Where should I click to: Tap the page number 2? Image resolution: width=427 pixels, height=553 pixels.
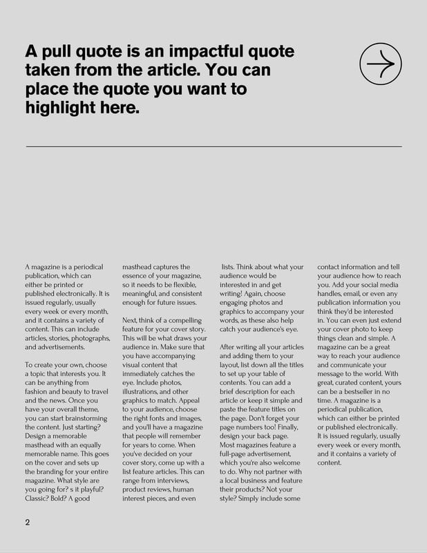[x=28, y=522]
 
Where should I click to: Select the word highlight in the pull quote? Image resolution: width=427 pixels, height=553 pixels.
[x=61, y=108]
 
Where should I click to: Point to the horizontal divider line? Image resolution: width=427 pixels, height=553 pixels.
[x=213, y=147]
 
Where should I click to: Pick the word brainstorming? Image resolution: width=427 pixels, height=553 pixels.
[x=78, y=418]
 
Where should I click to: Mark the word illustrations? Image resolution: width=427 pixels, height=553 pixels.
[x=145, y=391]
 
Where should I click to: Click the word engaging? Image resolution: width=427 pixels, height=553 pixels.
[x=238, y=303]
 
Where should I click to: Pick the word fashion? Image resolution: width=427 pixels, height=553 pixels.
[x=38, y=391]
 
